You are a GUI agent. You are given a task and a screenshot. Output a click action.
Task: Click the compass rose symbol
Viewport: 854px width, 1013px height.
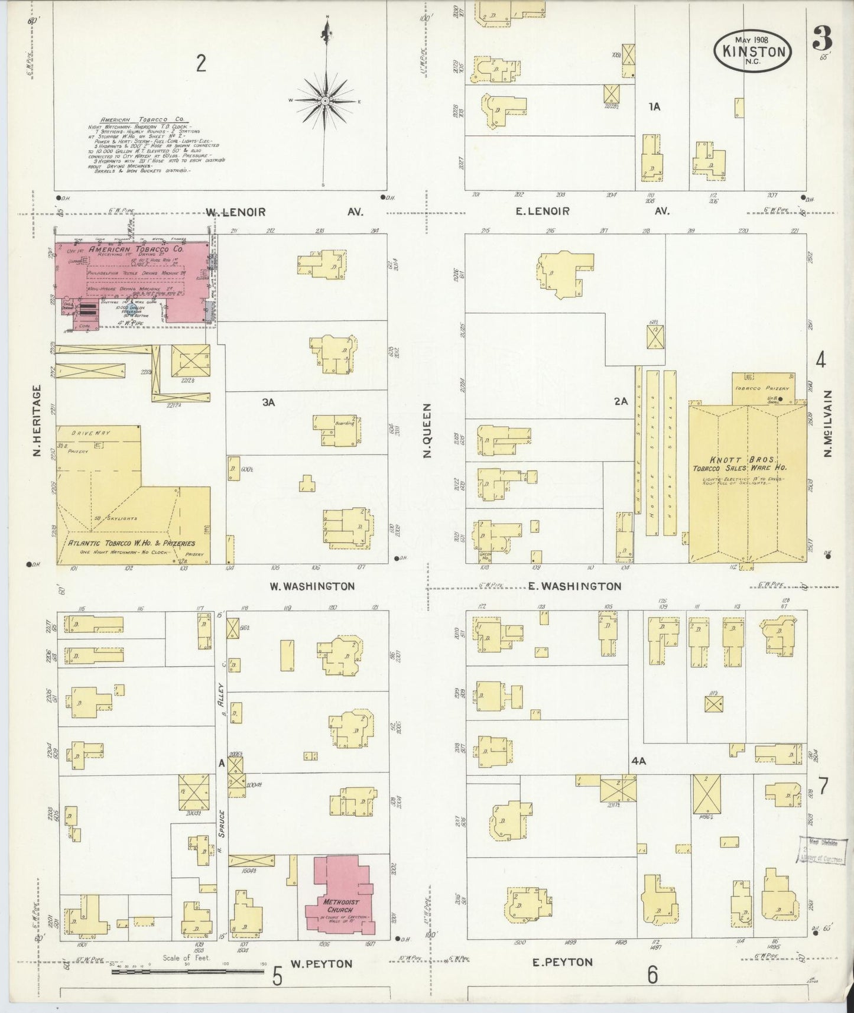click(x=324, y=102)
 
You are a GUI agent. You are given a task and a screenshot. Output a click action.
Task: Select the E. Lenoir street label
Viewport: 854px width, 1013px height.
click(x=543, y=211)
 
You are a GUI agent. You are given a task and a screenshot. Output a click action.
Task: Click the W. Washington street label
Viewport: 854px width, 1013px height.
click(x=312, y=586)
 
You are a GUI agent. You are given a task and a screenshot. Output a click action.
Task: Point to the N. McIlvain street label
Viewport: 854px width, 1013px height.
click(x=827, y=423)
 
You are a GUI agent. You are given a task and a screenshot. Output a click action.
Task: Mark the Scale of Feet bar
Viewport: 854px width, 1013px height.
click(x=187, y=970)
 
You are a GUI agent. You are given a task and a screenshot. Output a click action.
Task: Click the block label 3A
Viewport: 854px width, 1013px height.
click(x=269, y=402)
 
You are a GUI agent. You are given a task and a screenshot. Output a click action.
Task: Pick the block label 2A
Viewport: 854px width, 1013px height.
click(x=620, y=401)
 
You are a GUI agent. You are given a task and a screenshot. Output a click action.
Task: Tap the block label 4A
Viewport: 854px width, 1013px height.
click(x=638, y=762)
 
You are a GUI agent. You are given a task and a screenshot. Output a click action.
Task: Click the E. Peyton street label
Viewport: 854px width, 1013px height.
click(x=563, y=962)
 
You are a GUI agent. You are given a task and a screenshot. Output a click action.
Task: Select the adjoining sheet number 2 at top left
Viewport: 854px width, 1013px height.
click(x=202, y=63)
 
